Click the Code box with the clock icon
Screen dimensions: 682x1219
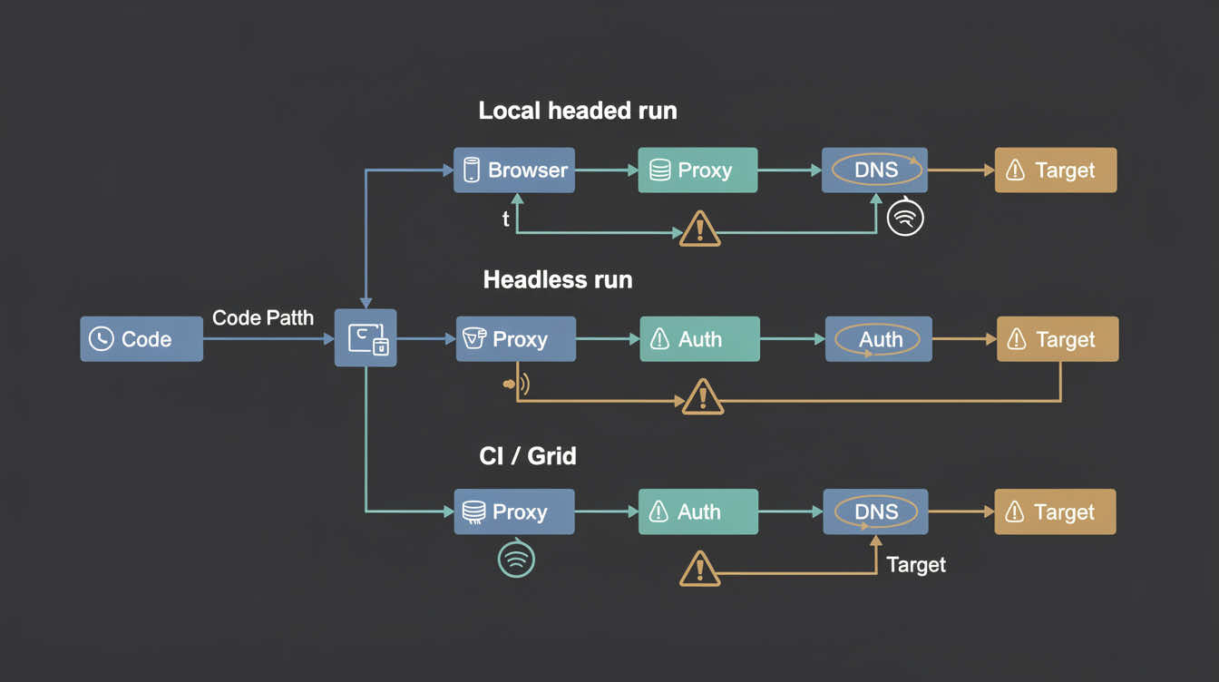[141, 339]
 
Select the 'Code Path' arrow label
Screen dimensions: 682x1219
[263, 317]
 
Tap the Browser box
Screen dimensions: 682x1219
[514, 170]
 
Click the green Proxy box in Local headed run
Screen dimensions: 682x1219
[697, 170]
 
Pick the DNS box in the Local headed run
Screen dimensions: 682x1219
[874, 170]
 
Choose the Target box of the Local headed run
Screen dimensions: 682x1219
[1056, 170]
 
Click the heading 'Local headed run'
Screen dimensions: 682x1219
[578, 112]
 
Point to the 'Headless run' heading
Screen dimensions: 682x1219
[558, 279]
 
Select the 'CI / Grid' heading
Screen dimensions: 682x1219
[528, 455]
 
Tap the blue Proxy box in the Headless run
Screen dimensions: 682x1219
[515, 339]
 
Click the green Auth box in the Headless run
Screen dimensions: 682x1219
[699, 339]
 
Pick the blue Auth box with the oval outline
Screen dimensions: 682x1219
[878, 339]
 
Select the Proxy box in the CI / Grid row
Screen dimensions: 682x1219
[514, 511]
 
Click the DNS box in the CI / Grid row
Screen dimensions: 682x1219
[875, 511]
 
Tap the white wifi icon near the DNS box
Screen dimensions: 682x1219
[904, 218]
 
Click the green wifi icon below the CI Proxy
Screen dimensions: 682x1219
[516, 559]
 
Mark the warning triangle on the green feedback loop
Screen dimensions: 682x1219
[699, 229]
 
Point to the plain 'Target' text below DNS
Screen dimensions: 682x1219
[916, 565]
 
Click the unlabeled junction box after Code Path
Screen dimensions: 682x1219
[366, 337]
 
